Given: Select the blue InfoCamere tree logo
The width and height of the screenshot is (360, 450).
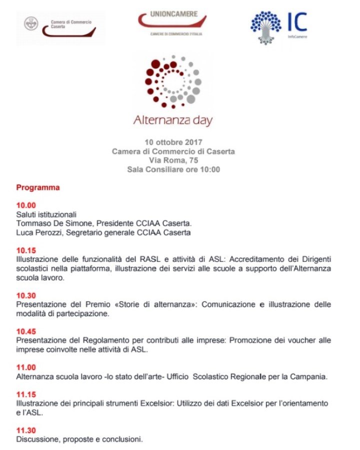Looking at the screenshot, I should click(266, 27).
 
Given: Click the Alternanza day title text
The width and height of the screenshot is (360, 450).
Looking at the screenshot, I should click(173, 120).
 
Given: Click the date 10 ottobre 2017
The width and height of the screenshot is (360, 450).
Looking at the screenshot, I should click(173, 142).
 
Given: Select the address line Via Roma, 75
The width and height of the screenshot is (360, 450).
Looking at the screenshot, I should click(173, 160).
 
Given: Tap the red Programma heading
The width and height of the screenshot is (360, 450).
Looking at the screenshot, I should click(38, 188).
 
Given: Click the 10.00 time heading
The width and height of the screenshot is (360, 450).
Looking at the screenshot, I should click(26, 205).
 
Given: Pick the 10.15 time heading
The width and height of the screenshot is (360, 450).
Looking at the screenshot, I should click(26, 250).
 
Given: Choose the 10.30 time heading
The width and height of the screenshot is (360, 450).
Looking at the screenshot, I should click(26, 295).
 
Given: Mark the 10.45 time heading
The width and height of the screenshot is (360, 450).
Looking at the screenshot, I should click(26, 331).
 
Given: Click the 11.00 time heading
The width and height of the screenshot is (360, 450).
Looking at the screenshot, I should click(26, 367).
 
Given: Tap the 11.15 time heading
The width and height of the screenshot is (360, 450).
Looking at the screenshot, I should click(26, 394).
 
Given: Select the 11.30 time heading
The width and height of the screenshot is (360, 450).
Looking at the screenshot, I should click(26, 430).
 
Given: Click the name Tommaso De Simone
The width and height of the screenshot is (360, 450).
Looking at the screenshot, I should click(49, 223).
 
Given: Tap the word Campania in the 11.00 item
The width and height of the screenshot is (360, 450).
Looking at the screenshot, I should click(309, 376).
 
